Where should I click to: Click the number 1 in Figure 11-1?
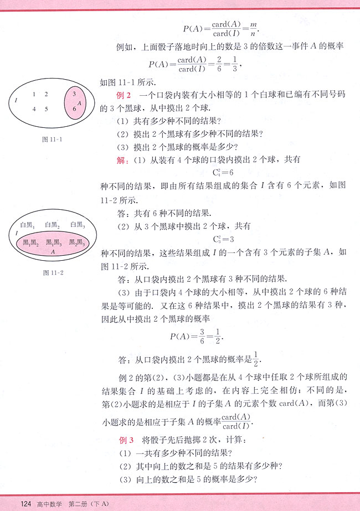34,94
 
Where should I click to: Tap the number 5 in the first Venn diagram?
46,109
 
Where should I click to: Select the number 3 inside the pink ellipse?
74,94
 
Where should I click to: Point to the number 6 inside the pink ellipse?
74,110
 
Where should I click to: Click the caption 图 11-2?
52,272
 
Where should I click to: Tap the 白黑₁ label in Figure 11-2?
27,225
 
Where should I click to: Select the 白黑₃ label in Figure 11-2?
76,225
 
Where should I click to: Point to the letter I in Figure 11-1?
17,100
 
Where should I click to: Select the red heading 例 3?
127,441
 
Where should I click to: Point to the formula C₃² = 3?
224,239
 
